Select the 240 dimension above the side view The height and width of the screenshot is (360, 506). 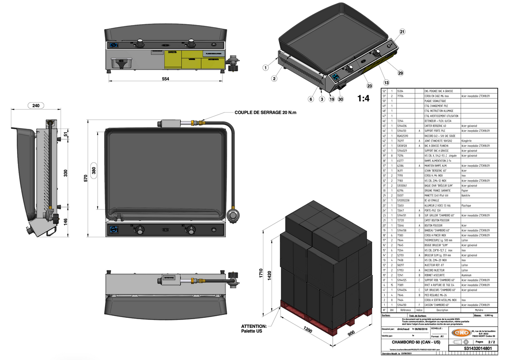click(36, 106)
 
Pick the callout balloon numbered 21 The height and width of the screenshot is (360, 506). click(402, 32)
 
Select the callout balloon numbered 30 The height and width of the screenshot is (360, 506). click(341, 99)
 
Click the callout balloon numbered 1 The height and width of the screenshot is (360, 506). click(265, 67)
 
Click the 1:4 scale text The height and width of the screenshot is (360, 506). click(363, 98)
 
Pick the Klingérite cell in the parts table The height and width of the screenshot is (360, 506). click(469, 141)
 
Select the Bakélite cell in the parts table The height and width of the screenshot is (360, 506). click(467, 195)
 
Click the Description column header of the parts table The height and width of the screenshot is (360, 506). click(442, 310)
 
